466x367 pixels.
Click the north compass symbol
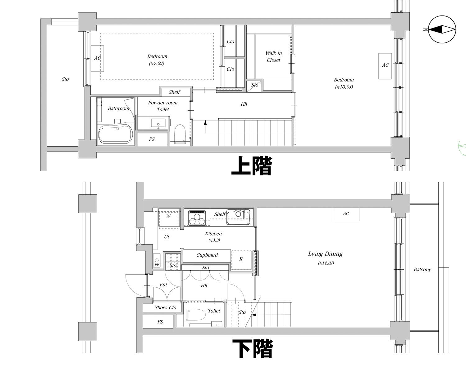[442, 30]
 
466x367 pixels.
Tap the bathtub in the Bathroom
[116, 135]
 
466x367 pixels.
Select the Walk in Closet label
[273, 57]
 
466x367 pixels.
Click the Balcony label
[422, 270]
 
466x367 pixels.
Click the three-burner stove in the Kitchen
[197, 217]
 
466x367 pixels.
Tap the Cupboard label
[207, 255]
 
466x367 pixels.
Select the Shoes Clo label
[165, 308]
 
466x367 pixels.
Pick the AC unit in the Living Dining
[346, 214]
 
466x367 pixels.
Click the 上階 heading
[252, 166]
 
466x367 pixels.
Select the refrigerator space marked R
[241, 260]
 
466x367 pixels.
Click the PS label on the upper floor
[152, 139]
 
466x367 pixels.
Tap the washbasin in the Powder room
[158, 123]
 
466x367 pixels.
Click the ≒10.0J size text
[344, 87]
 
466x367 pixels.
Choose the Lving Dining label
[325, 254]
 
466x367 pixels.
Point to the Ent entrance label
[163, 285]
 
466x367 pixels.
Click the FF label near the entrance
[157, 264]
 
